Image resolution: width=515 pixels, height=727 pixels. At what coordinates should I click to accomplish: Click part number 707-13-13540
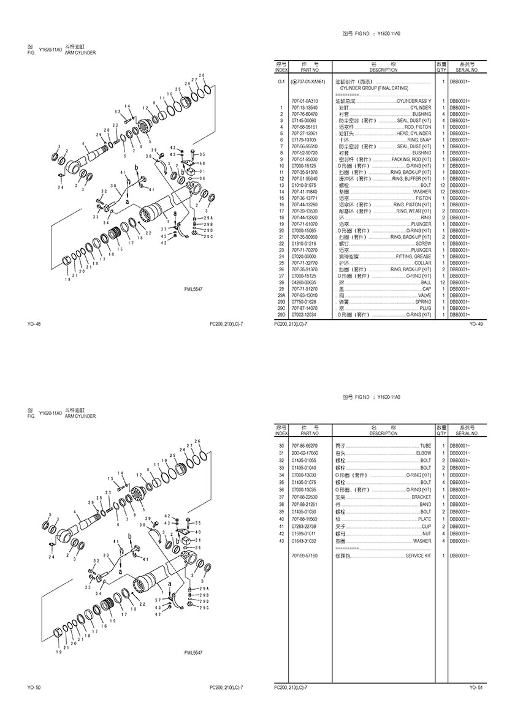pyautogui.click(x=304, y=107)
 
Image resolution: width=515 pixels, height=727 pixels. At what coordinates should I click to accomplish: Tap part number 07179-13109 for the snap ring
pyautogui.click(x=304, y=140)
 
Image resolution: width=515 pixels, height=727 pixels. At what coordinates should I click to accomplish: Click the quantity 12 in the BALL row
pyautogui.click(x=441, y=282)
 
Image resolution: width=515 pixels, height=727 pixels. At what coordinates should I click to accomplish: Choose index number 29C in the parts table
pyautogui.click(x=281, y=308)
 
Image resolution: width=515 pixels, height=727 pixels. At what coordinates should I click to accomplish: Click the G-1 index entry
pyautogui.click(x=281, y=81)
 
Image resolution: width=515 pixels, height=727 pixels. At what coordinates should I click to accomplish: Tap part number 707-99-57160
pyautogui.click(x=304, y=556)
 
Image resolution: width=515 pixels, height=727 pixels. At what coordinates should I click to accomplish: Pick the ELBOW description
pyautogui.click(x=423, y=452)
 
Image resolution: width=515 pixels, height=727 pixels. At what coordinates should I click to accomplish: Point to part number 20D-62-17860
pyautogui.click(x=304, y=452)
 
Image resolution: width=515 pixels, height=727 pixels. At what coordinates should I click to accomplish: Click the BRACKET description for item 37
pyautogui.click(x=421, y=497)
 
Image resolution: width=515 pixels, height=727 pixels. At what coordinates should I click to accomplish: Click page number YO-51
pyautogui.click(x=476, y=688)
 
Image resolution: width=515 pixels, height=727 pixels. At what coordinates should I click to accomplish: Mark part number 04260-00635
pyautogui.click(x=304, y=282)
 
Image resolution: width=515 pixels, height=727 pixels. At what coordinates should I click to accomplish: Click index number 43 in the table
pyautogui.click(x=281, y=541)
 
